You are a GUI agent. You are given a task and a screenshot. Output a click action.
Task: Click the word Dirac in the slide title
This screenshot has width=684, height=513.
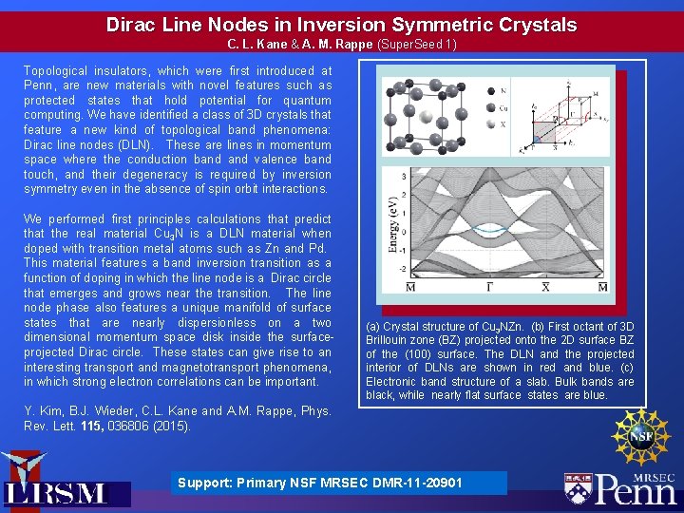tap(132, 24)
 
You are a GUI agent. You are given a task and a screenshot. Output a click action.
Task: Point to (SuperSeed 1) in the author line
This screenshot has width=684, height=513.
tap(417, 45)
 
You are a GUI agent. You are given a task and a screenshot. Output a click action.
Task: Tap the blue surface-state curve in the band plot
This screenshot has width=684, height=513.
tap(491, 231)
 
